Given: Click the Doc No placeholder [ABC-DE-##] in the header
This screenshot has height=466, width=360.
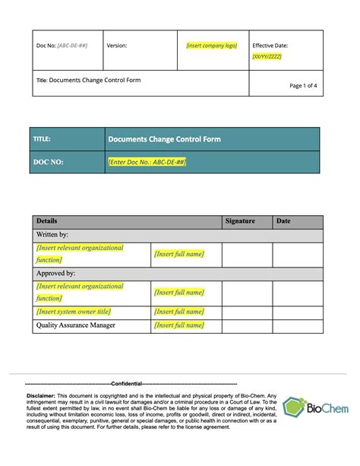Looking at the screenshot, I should click(x=72, y=46).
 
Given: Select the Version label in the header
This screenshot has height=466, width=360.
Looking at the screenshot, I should click(x=116, y=46).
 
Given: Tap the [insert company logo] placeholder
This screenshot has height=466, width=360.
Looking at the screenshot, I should click(x=212, y=46).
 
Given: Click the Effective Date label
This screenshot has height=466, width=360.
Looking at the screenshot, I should click(x=270, y=46).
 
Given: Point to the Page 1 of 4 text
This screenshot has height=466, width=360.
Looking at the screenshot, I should click(x=304, y=86).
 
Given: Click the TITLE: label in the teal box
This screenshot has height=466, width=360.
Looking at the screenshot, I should click(x=42, y=140).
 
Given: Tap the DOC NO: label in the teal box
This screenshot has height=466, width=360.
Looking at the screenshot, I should click(x=48, y=162).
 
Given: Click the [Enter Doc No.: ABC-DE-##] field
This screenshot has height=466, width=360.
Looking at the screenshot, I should click(x=147, y=162).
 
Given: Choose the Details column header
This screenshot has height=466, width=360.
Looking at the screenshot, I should click(x=46, y=221).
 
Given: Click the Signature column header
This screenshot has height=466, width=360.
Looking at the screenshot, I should click(x=240, y=221).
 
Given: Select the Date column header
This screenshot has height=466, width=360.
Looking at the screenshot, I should click(x=283, y=221).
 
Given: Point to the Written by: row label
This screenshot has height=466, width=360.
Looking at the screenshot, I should click(x=52, y=235).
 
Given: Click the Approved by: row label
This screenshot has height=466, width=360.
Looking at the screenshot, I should click(x=55, y=273).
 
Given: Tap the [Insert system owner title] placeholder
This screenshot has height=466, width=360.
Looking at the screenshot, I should click(x=73, y=312).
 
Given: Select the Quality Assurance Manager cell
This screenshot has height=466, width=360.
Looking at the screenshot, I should click(x=76, y=325).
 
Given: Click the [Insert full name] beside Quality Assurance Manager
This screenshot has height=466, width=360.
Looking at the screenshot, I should click(x=178, y=325).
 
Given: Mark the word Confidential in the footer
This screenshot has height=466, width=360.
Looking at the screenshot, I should click(x=126, y=384).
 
